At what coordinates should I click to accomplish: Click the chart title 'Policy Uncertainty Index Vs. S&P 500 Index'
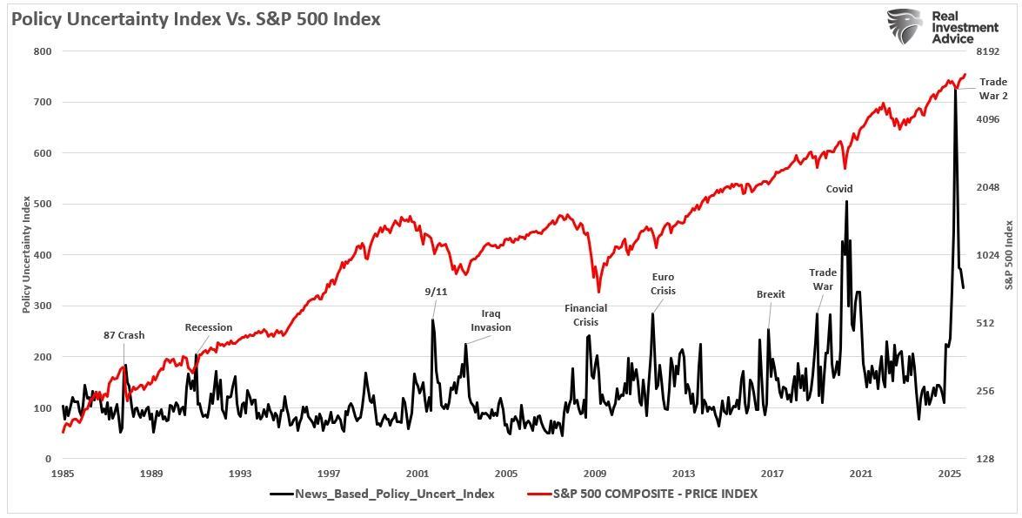click(x=196, y=18)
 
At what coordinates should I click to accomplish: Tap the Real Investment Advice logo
click(x=943, y=26)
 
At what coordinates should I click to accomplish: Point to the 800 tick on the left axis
click(x=43, y=51)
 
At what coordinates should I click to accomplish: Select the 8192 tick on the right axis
click(x=988, y=51)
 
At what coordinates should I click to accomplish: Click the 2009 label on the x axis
click(x=595, y=474)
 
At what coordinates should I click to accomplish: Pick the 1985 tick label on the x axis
click(x=63, y=474)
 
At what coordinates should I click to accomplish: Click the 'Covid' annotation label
click(x=839, y=189)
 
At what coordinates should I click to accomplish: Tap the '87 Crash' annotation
click(x=124, y=335)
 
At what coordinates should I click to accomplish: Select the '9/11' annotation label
click(x=436, y=292)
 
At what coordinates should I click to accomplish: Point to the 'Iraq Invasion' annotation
click(x=491, y=320)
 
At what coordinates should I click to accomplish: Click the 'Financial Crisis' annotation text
click(x=585, y=315)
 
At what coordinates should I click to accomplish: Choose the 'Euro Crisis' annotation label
click(x=663, y=284)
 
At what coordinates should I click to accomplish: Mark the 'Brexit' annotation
click(x=771, y=294)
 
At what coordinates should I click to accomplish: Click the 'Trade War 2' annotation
click(x=992, y=89)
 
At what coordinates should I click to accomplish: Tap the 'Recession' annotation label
click(x=209, y=327)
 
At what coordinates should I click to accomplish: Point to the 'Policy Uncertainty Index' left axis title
click(x=27, y=254)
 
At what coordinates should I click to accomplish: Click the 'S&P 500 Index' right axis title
click(x=1009, y=254)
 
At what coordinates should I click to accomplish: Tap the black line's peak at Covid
click(x=846, y=202)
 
